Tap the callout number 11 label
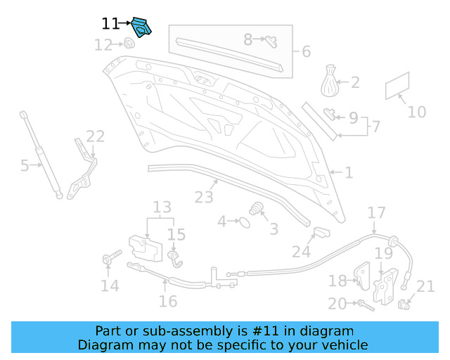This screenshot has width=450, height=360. coord(110,24)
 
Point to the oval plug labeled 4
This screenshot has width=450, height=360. coord(243,222)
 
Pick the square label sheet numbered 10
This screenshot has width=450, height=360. coord(397,86)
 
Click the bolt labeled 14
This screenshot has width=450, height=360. coord(109,260)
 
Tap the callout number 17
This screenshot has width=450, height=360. coord(376,213)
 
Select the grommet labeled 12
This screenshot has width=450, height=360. coord(129,44)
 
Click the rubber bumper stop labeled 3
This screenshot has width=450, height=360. coord(257,209)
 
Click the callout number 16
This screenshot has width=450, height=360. coord(167,302)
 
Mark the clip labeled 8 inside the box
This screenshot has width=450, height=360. coord(270,41)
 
